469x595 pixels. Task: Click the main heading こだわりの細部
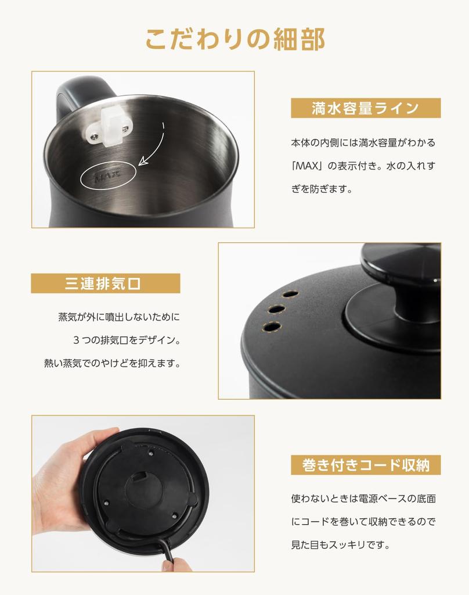pos(235,39)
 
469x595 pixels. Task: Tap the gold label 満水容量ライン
pos(366,108)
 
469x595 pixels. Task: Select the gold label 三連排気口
pos(106,284)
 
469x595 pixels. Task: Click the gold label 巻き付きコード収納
pos(366,465)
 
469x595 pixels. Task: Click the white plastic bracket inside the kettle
pos(110,126)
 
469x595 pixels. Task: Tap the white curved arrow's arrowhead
pos(143,161)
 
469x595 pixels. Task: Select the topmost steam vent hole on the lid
pos(290,293)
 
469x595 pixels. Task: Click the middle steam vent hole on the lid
pos(277,309)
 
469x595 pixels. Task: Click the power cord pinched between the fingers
pos(169,553)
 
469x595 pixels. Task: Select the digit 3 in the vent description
pos(76,340)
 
